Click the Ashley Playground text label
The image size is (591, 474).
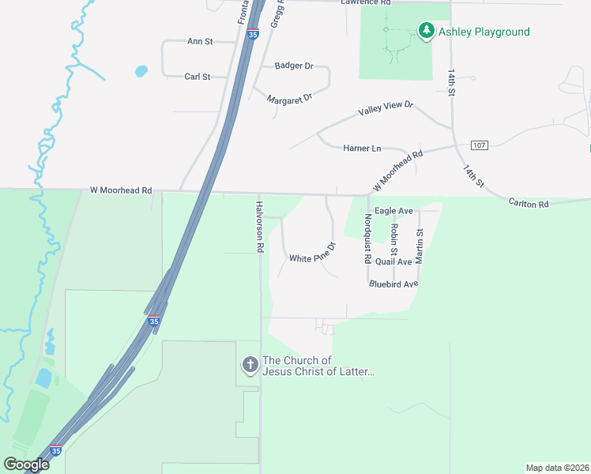tap(484, 32)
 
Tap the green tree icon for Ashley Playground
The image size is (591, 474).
tap(427, 31)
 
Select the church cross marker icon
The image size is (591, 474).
tap(250, 364)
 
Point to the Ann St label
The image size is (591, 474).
tap(200, 41)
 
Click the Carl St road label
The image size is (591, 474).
tap(197, 77)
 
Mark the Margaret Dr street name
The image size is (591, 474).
tap(290, 99)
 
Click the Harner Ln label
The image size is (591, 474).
tap(362, 148)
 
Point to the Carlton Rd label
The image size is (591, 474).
tap(528, 203)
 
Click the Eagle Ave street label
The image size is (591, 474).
tap(394, 211)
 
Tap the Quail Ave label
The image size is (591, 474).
tap(393, 261)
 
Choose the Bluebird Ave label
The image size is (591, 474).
tap(393, 284)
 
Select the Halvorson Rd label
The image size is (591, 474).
tap(259, 226)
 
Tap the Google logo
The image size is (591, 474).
tap(26, 464)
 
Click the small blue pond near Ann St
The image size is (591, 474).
tap(141, 71)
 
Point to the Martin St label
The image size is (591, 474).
tap(420, 245)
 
